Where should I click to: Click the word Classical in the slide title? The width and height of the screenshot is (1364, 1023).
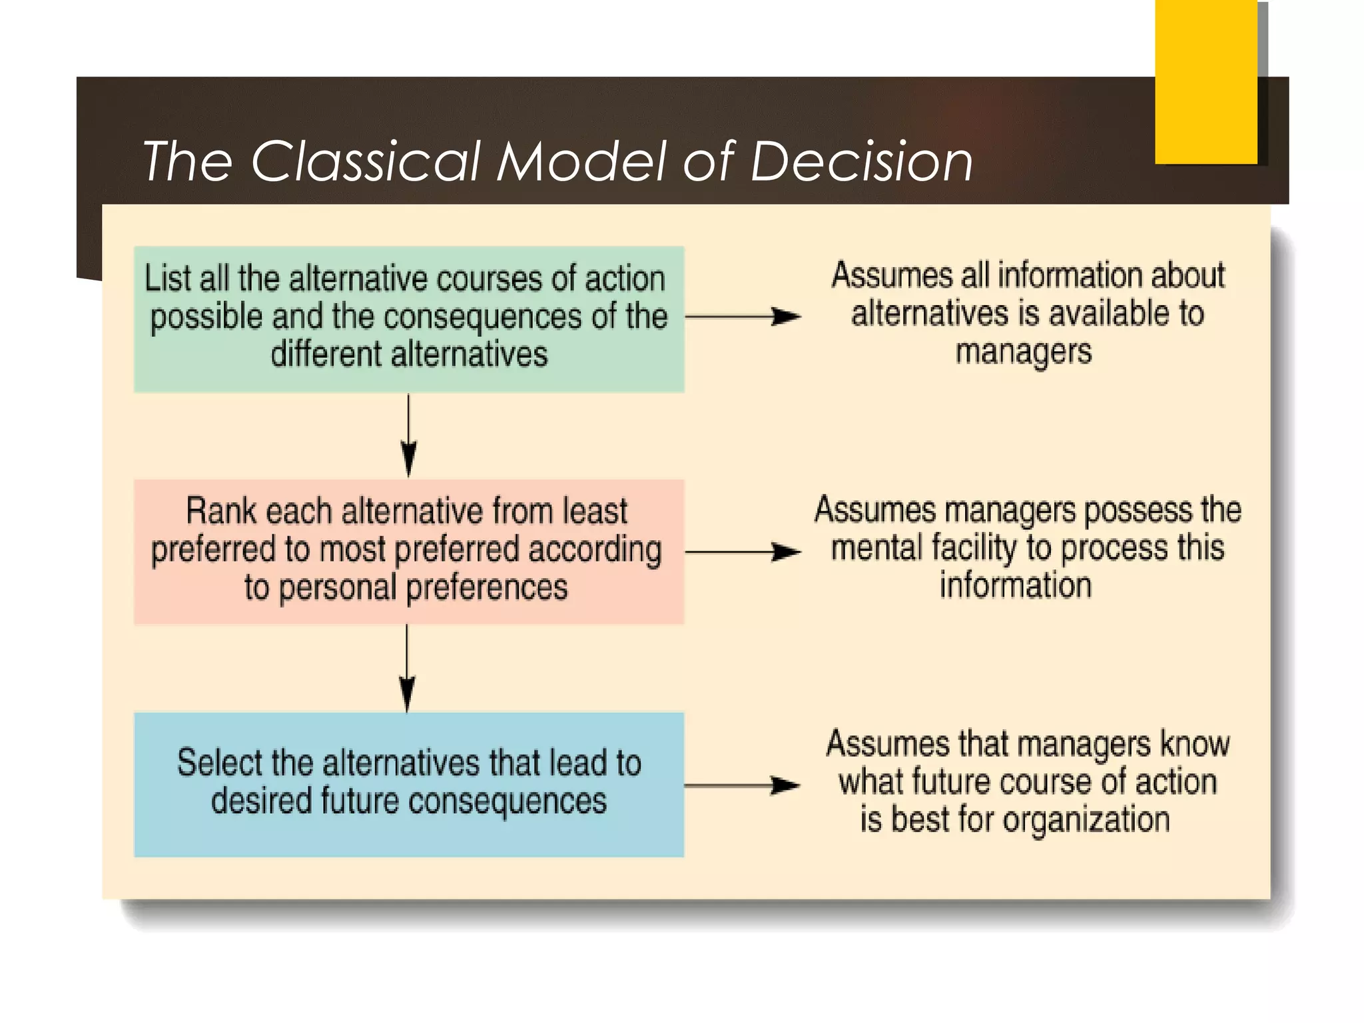365,162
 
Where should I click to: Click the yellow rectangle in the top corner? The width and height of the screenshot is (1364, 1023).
1205,81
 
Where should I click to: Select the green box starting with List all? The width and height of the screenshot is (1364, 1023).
408,319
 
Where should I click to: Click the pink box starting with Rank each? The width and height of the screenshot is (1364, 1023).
408,551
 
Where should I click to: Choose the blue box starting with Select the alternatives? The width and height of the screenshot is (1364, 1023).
408,784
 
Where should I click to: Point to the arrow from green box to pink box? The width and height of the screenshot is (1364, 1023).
408,436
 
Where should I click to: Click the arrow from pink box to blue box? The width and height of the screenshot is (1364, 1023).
407,669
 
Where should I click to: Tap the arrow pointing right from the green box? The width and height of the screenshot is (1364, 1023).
743,317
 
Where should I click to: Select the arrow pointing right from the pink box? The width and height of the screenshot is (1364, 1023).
743,552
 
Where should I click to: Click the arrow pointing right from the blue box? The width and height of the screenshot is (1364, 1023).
743,786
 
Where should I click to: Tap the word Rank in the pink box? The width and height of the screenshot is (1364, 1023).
212,511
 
